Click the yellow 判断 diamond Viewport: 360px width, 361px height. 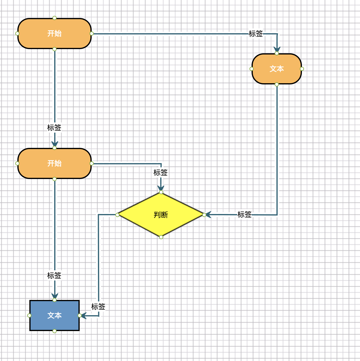point(161,215)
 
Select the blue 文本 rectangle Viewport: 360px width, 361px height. point(55,316)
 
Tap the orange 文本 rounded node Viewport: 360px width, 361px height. point(276,69)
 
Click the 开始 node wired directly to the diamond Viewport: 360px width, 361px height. point(55,163)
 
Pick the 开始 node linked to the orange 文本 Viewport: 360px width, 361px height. point(55,34)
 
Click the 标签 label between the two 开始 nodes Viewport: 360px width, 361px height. point(54,128)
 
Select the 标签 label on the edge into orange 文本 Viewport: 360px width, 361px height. point(256,34)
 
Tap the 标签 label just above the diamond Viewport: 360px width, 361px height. point(161,173)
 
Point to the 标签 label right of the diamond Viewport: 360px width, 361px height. point(244,215)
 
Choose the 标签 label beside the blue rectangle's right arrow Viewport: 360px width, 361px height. point(98,307)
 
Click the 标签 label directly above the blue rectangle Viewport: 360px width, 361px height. point(54,276)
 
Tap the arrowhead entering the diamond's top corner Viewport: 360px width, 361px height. point(161,188)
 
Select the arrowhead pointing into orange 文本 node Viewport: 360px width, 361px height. point(277,49)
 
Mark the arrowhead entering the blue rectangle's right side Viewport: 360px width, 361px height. point(84,316)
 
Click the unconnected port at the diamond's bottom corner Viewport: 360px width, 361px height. point(161,237)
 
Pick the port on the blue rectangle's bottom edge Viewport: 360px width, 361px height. point(55,331)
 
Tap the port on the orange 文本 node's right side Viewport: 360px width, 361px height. point(302,69)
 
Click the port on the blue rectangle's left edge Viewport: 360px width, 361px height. point(29,316)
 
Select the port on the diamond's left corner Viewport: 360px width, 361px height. point(117,215)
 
